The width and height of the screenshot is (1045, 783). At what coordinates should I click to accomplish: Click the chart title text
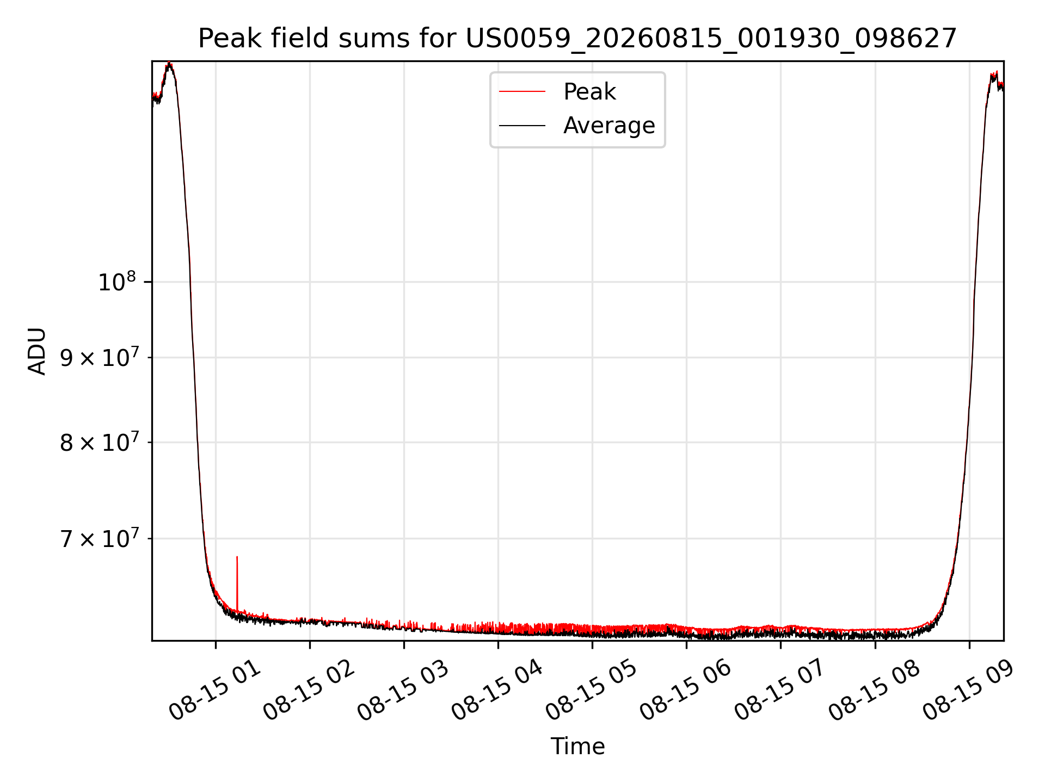pos(577,39)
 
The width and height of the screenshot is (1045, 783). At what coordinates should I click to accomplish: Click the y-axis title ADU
pos(37,351)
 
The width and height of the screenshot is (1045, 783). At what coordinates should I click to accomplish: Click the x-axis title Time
pos(577,746)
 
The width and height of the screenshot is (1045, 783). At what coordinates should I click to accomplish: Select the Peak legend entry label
pos(589,91)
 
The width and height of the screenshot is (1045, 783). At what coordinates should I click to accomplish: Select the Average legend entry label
pos(609,125)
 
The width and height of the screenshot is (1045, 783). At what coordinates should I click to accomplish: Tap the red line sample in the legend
pos(522,91)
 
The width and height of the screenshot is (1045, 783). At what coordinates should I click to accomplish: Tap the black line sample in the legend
pos(522,126)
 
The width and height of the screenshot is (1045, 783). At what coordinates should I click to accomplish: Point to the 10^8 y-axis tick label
pos(116,282)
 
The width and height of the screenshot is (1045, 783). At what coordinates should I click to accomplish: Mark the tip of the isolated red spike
pos(237,556)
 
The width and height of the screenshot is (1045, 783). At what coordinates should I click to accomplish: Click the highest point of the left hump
pos(170,63)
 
